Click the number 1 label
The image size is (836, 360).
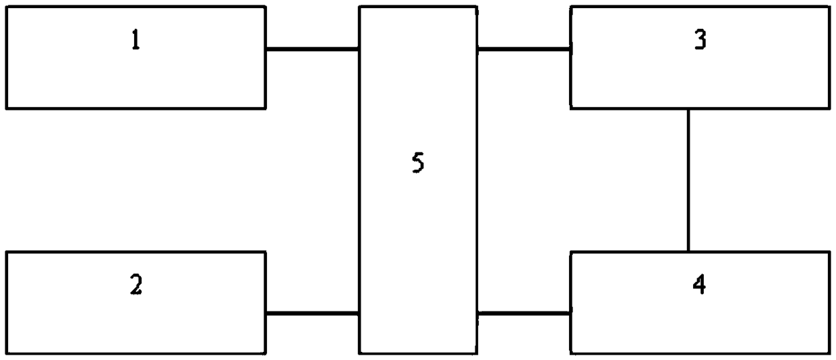(x=136, y=41)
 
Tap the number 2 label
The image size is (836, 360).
(x=136, y=286)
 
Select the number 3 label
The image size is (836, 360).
(x=700, y=41)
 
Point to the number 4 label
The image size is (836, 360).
(x=700, y=286)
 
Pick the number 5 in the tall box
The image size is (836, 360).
(x=417, y=164)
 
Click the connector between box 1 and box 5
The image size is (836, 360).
(x=312, y=49)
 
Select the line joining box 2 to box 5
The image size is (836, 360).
(x=312, y=313)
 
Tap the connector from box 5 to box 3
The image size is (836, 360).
(x=524, y=49)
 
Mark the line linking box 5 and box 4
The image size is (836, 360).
(x=524, y=313)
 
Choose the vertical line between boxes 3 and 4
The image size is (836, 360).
(x=688, y=180)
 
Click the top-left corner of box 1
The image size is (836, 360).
(x=6, y=7)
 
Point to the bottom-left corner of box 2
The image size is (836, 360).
(x=6, y=353)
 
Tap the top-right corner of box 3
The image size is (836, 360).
(x=829, y=7)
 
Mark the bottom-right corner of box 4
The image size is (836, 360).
(x=829, y=353)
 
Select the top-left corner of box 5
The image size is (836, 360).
(x=359, y=7)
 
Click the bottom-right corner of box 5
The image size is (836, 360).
(x=477, y=353)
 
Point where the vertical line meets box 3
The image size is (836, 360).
(x=688, y=109)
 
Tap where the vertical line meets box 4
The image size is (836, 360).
(x=688, y=251)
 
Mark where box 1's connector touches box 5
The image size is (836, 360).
(x=359, y=49)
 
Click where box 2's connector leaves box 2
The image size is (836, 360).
(x=266, y=313)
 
